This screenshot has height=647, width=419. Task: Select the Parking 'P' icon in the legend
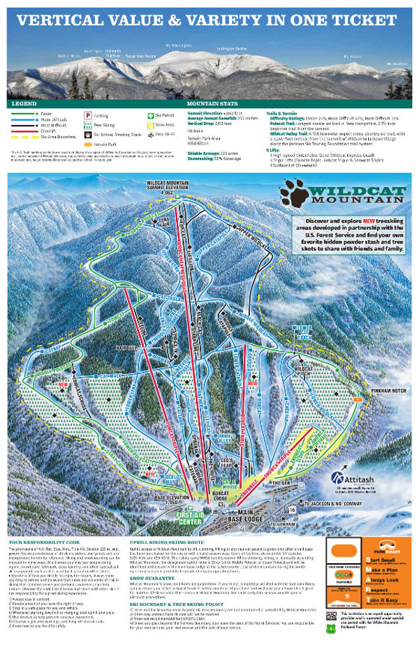[x=89, y=113]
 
